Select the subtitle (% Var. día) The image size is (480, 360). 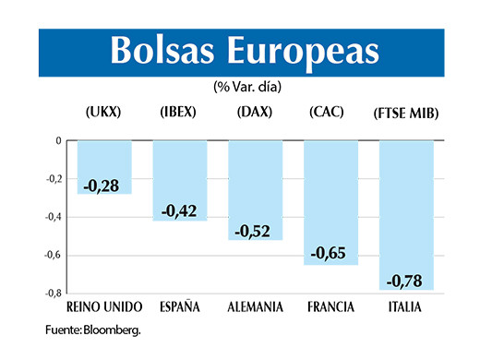tap(247, 87)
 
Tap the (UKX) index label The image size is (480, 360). tap(102, 113)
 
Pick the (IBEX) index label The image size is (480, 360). tap(178, 113)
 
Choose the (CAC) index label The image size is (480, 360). tap(327, 113)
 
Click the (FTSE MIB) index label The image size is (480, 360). tap(405, 114)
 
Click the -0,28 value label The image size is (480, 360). tap(102, 187)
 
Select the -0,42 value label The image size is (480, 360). tap(178, 211)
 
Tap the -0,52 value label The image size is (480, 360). tap(255, 231)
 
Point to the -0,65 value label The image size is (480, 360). tap(330, 253)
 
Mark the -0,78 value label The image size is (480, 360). tap(405, 279)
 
